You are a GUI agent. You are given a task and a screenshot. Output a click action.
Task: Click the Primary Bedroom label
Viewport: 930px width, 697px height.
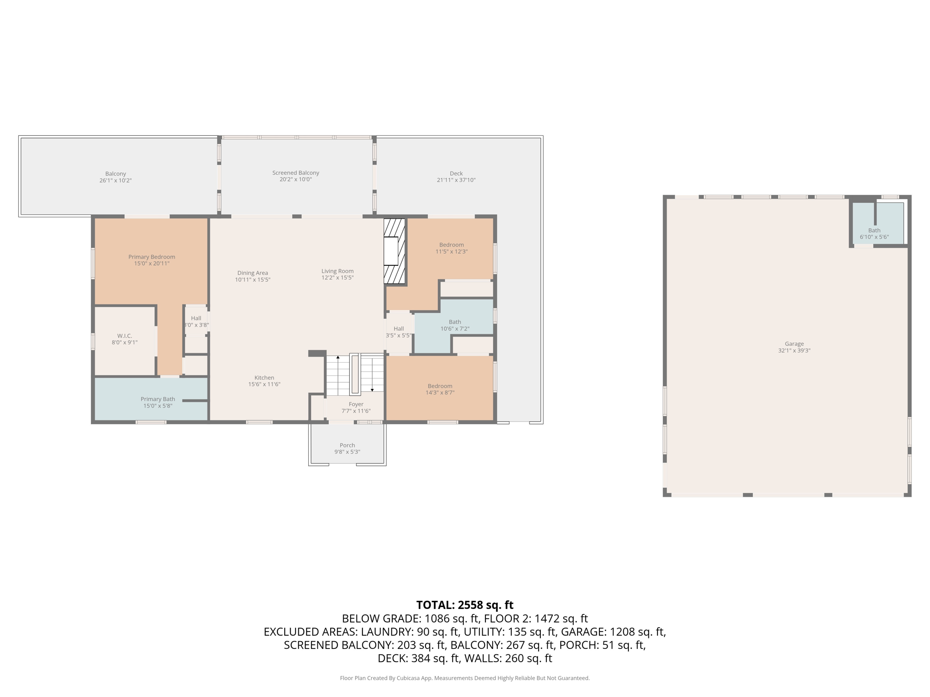151,257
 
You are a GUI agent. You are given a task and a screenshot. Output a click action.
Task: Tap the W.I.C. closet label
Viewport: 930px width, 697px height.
124,336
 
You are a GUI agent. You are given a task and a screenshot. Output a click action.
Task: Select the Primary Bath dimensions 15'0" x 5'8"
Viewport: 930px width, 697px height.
158,406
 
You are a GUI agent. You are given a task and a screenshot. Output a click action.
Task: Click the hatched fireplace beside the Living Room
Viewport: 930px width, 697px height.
394,251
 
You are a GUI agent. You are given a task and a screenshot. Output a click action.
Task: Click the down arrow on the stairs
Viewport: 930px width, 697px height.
372,389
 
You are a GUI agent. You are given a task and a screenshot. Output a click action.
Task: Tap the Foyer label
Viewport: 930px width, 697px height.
356,404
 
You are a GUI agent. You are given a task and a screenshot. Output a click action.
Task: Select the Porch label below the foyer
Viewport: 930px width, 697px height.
347,445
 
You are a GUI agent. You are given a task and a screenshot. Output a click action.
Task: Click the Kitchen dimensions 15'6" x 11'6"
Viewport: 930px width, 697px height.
264,384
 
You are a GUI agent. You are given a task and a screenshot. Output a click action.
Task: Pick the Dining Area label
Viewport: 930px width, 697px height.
252,273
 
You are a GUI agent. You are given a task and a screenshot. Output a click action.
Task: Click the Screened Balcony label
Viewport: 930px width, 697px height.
296,173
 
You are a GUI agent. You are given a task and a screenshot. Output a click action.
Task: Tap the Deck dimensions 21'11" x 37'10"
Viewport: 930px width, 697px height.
456,180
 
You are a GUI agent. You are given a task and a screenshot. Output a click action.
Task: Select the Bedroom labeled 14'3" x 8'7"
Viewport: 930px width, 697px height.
440,389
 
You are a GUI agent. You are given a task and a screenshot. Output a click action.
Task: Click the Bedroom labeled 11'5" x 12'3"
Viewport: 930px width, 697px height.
451,248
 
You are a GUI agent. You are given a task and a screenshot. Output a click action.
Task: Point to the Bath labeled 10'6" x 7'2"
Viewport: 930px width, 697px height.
455,325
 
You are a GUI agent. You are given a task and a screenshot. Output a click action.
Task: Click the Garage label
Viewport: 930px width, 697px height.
794,344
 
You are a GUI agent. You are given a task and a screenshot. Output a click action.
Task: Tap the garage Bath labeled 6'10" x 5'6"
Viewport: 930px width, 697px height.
874,233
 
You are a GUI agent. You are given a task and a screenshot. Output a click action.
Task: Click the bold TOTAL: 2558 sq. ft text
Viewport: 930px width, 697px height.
465,605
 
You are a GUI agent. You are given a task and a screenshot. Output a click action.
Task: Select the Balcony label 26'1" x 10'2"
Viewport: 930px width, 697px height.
115,177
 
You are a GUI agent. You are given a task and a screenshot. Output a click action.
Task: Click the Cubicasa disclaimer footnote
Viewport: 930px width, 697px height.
465,678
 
